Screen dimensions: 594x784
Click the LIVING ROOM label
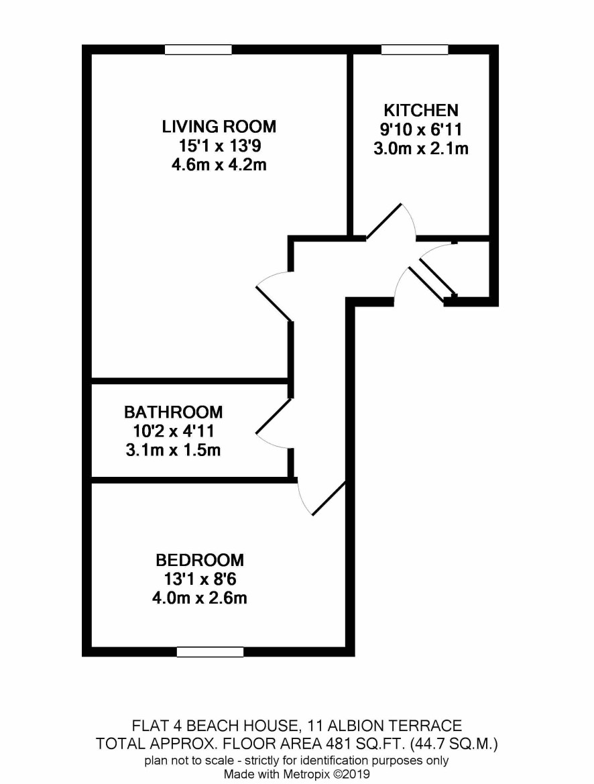point(219,127)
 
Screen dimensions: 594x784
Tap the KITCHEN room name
point(421,110)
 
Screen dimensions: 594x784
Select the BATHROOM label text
point(174,412)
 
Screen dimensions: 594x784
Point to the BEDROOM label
point(200,560)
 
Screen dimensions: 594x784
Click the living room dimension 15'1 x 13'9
point(220,146)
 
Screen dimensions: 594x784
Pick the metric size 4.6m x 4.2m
point(219,164)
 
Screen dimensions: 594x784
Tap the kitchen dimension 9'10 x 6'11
point(421,129)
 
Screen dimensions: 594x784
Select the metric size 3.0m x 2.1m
point(421,148)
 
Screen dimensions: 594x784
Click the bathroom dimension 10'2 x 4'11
point(174,431)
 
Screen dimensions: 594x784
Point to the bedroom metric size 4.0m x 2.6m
point(200,598)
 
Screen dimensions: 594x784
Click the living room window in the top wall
point(198,50)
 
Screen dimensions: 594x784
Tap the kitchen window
point(414,50)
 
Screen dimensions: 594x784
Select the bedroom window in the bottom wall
point(210,652)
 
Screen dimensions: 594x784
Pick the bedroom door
point(320,497)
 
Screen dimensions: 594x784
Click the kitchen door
point(391,221)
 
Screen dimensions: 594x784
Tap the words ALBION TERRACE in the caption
point(385,726)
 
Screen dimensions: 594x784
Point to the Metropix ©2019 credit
point(324,775)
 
